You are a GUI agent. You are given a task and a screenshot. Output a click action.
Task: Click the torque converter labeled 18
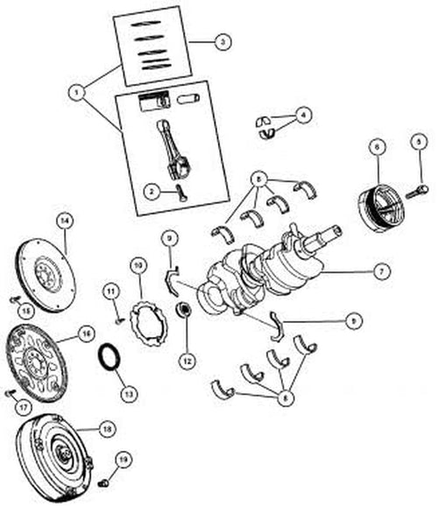click(52, 446)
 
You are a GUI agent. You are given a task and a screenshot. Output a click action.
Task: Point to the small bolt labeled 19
click(103, 481)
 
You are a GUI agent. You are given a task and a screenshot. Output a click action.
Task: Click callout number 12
click(186, 359)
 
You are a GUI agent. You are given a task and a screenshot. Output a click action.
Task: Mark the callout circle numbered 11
click(110, 290)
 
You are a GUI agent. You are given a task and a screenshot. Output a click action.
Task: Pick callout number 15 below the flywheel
click(27, 310)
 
